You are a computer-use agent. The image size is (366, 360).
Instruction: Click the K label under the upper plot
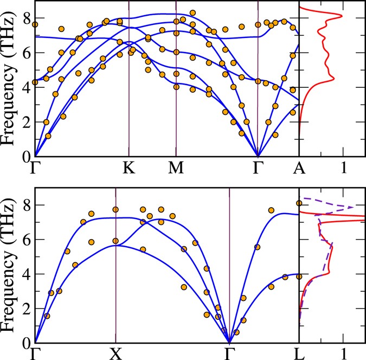pos(129,169)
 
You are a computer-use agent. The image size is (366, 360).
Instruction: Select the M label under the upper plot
pos(176,169)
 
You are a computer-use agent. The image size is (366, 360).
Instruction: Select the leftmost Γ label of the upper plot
pos(36,169)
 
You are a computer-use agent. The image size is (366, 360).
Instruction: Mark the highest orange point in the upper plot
pos(192,12)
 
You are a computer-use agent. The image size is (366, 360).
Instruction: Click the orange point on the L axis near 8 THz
pos(299,203)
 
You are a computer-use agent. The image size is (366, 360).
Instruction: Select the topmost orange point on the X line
pos(115,209)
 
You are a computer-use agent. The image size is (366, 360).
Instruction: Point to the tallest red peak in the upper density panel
pos(341,16)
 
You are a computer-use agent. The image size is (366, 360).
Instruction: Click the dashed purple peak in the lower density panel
pos(352,207)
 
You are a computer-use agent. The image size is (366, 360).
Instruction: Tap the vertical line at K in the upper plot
pos(129,81)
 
